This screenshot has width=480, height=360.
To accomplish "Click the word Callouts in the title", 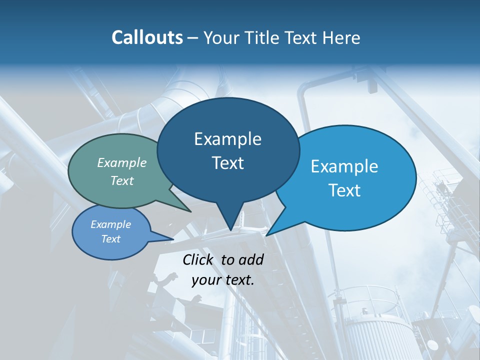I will tap(147, 37).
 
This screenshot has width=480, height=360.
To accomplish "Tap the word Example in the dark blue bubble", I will tap(227, 139).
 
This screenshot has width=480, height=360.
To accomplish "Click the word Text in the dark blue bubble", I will tap(227, 163).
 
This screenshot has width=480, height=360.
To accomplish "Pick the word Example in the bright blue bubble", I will tap(344, 166).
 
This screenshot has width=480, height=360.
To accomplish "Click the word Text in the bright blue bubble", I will tap(344, 190).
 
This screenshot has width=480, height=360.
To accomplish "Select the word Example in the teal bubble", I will tap(122, 162).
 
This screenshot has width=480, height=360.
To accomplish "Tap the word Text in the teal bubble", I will tap(122, 180).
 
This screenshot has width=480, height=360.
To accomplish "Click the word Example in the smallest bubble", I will tap(111, 224).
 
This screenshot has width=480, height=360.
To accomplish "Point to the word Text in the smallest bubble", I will tap(111, 239).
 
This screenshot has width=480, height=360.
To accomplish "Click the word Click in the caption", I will tap(198, 259).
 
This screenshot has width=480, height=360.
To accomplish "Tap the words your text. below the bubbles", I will tap(223, 280).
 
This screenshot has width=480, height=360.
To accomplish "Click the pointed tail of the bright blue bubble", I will tap(267, 234).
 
